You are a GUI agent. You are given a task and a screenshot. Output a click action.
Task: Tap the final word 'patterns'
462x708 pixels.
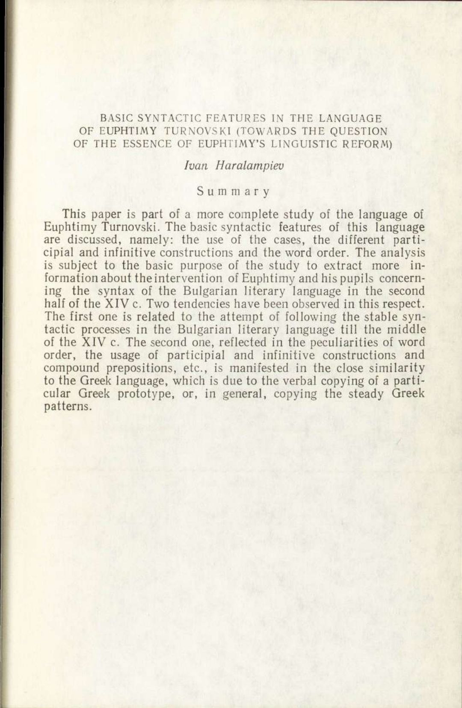pyautogui.click(x=68, y=407)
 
